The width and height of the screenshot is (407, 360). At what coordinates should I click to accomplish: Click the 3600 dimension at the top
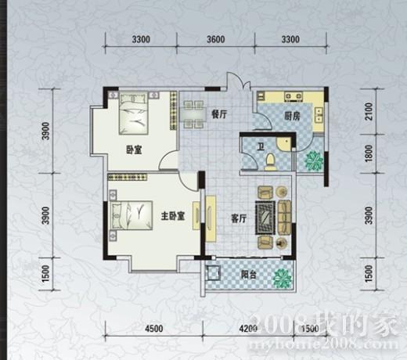216,39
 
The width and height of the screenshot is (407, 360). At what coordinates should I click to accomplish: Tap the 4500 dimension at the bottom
154,328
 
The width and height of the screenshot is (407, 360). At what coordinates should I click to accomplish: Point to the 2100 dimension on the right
369,111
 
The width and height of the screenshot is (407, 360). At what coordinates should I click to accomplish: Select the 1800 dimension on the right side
369,153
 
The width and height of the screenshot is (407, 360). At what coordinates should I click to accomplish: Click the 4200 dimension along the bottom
248,328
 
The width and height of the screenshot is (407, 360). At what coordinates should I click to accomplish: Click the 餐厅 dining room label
219,114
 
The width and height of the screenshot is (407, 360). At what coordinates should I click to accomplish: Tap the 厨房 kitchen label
292,116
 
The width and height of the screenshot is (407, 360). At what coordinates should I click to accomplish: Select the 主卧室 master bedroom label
173,216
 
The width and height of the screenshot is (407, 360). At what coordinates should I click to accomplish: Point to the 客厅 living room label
239,218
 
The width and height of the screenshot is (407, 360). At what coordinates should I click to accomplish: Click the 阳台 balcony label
248,275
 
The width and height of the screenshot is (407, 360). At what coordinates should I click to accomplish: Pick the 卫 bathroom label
261,147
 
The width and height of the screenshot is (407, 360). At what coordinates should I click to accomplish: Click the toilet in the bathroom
270,162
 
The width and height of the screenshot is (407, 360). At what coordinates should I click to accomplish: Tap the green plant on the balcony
282,278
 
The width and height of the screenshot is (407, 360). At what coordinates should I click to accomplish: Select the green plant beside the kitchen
315,160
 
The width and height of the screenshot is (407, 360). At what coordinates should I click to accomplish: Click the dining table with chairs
193,114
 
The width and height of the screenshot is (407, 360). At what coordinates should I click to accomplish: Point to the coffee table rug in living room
265,218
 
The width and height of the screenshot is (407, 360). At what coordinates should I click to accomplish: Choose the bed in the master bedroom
132,216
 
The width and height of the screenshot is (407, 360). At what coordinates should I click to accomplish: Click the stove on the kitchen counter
294,96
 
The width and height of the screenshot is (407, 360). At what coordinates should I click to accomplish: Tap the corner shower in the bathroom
284,143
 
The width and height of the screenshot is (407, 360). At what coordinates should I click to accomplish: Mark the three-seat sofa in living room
285,217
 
